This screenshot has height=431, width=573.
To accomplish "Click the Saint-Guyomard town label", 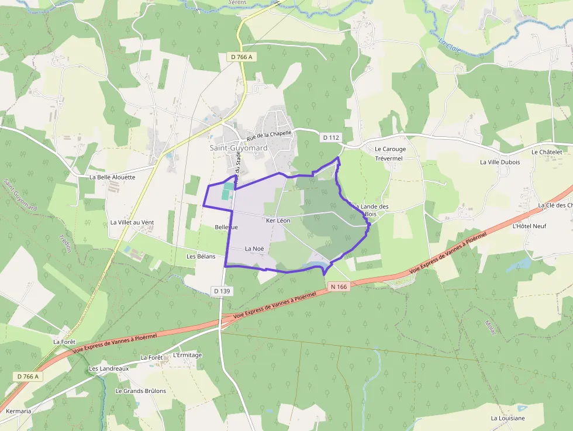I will click(x=239, y=148).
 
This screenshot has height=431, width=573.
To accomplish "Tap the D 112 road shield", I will click(x=330, y=137).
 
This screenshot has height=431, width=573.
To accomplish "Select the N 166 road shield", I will click(x=339, y=287).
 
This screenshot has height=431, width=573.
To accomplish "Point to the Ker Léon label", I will click(x=278, y=220).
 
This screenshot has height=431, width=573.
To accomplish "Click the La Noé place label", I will click(x=254, y=249).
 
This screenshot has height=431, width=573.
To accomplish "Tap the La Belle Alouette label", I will click(x=112, y=177).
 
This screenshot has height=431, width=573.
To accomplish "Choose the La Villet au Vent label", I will click(x=132, y=222).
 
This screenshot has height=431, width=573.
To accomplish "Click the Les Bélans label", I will click(x=201, y=256).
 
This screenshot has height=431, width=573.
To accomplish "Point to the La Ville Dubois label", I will click(x=500, y=162).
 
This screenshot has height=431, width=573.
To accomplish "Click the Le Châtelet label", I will click(x=547, y=152).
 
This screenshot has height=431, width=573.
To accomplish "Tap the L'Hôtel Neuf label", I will click(x=529, y=226).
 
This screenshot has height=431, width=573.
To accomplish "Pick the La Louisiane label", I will click(x=508, y=418).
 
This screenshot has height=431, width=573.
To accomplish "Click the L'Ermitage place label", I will click(x=188, y=355).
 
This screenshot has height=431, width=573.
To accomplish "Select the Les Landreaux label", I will click(x=109, y=369).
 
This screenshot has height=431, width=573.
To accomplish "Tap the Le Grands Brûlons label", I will click(x=140, y=391).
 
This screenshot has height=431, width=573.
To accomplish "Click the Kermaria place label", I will click(x=18, y=411).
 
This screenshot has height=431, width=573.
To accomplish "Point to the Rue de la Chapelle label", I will click(x=269, y=135).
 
